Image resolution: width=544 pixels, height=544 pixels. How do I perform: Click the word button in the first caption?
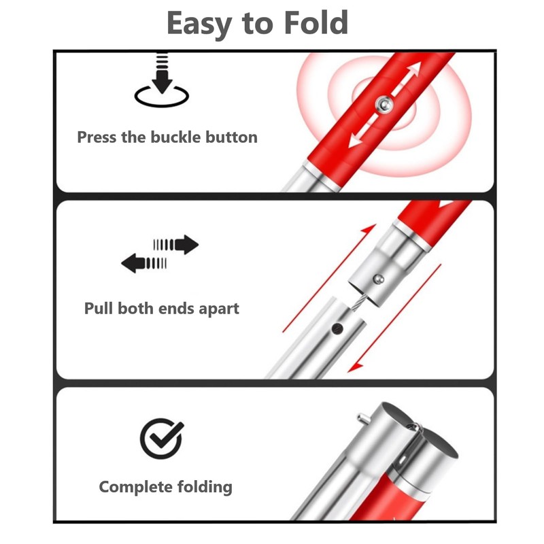pos(233,137)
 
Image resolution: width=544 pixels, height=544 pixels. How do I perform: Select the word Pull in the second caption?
pos(99,308)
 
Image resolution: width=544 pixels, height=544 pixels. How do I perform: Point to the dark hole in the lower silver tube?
pos(336,328)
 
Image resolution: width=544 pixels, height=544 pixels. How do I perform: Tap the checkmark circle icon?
pos(161,439)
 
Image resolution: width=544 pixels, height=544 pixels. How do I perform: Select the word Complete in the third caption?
pos(135,487)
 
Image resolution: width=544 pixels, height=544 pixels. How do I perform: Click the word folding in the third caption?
pos(204,487)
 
